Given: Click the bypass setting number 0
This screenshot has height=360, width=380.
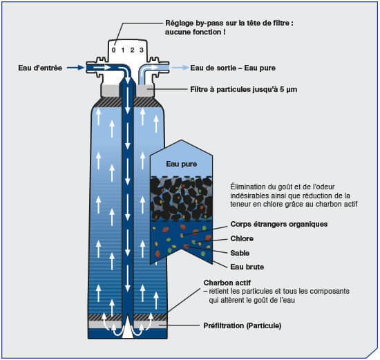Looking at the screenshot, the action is pos(114,50).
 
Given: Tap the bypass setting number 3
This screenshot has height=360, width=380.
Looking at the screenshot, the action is pos(142,50).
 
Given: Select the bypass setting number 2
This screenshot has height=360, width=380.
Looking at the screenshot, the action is pos(132,50).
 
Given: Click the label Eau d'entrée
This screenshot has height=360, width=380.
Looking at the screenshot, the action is pos(40,68).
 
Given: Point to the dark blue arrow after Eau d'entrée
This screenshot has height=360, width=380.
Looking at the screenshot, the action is pos(75,68).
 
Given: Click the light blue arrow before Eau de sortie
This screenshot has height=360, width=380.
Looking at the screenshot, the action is pos(180,68).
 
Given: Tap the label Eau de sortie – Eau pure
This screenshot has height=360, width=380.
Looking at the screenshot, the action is pos(233,68).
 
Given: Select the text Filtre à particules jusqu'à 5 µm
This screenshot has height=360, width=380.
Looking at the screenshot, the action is pos(244,89).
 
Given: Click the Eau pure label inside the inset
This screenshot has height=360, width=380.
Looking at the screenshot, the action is pos(181,164).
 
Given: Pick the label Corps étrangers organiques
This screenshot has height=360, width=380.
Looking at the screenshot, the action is pos(279,224).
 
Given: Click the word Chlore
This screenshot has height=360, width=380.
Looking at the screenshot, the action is pos(242,238).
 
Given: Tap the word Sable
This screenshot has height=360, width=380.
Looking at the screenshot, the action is pos(240,253).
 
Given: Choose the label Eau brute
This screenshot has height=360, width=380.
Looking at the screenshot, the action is pos(247,267).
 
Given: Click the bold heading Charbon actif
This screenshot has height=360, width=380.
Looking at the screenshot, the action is pos(227,283).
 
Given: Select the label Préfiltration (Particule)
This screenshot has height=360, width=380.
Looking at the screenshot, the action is pos(243,325).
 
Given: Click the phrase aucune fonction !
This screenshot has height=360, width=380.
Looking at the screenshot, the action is pos(196,32).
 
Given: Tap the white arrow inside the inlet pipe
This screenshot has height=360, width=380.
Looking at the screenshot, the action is pos(102,67).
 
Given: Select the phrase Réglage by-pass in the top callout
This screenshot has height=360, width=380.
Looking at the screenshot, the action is pos(195,23).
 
